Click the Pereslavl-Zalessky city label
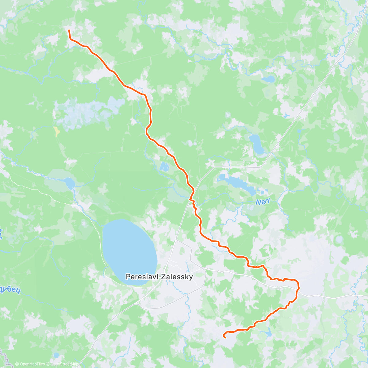tap(159, 277)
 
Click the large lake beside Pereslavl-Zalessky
tap(129, 251)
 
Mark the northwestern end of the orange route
tap(69, 30)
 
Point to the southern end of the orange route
tap(225, 337)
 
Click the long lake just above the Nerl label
tap(236, 184)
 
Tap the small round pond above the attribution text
tap(56, 355)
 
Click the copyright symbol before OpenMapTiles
tap(17, 364)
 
